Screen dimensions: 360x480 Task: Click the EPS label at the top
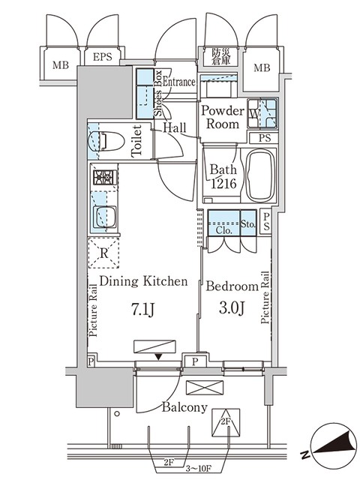[x=103, y=57]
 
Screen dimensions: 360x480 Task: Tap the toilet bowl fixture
[x=106, y=142]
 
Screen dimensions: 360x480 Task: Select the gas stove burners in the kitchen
[x=105, y=177]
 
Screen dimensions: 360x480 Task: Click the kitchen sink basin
[x=105, y=217]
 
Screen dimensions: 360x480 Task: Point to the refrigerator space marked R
[x=103, y=253]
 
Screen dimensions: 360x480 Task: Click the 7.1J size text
[x=142, y=310]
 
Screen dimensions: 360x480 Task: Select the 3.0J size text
[x=232, y=308]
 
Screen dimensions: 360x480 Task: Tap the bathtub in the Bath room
[x=260, y=175]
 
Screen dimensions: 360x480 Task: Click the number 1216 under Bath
[x=223, y=183]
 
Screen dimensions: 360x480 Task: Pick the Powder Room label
[x=223, y=117]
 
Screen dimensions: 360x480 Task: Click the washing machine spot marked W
[x=253, y=114]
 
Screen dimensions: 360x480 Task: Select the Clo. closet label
[x=223, y=230]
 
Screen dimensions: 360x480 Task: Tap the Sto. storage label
[x=248, y=224]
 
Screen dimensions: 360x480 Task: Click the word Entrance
[x=179, y=82]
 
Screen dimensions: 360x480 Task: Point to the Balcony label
[x=184, y=407]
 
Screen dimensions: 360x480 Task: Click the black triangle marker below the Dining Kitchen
[x=158, y=357]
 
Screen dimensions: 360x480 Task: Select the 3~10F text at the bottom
[x=199, y=469]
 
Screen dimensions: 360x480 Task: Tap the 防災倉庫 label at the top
[x=220, y=57]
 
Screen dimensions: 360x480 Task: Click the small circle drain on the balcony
[x=117, y=414]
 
